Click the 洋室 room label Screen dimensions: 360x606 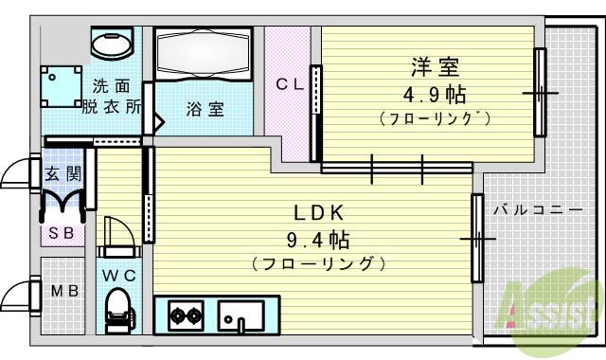pyautogui.click(x=435, y=68)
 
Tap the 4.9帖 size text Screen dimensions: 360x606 pyautogui.click(x=435, y=95)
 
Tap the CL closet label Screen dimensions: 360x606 pyautogui.click(x=289, y=85)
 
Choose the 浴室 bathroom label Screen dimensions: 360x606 pyautogui.click(x=205, y=109)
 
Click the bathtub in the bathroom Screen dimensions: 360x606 pyautogui.click(x=202, y=56)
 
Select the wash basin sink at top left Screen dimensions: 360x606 pyautogui.click(x=113, y=44)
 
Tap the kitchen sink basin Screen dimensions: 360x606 pyautogui.click(x=243, y=313)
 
